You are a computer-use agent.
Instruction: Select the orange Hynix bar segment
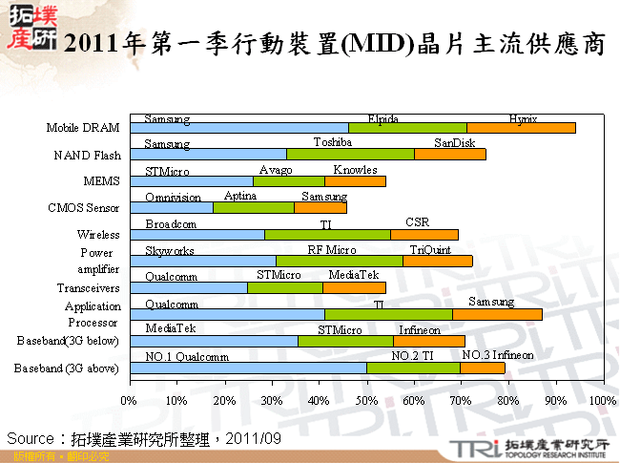[521, 127]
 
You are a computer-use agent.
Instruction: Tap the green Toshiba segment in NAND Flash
[350, 154]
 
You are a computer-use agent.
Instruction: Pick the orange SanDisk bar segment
[449, 154]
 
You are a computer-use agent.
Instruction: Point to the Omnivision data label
[173, 197]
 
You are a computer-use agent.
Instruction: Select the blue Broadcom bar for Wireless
[196, 234]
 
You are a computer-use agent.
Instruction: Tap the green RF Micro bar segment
[339, 261]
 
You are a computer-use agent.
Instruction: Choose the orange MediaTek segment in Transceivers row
[354, 287]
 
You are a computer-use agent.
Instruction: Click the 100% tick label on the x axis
[603, 400]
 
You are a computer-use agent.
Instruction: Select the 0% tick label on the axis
[129, 400]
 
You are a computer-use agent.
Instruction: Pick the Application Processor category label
[93, 314]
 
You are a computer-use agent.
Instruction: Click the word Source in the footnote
[31, 437]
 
